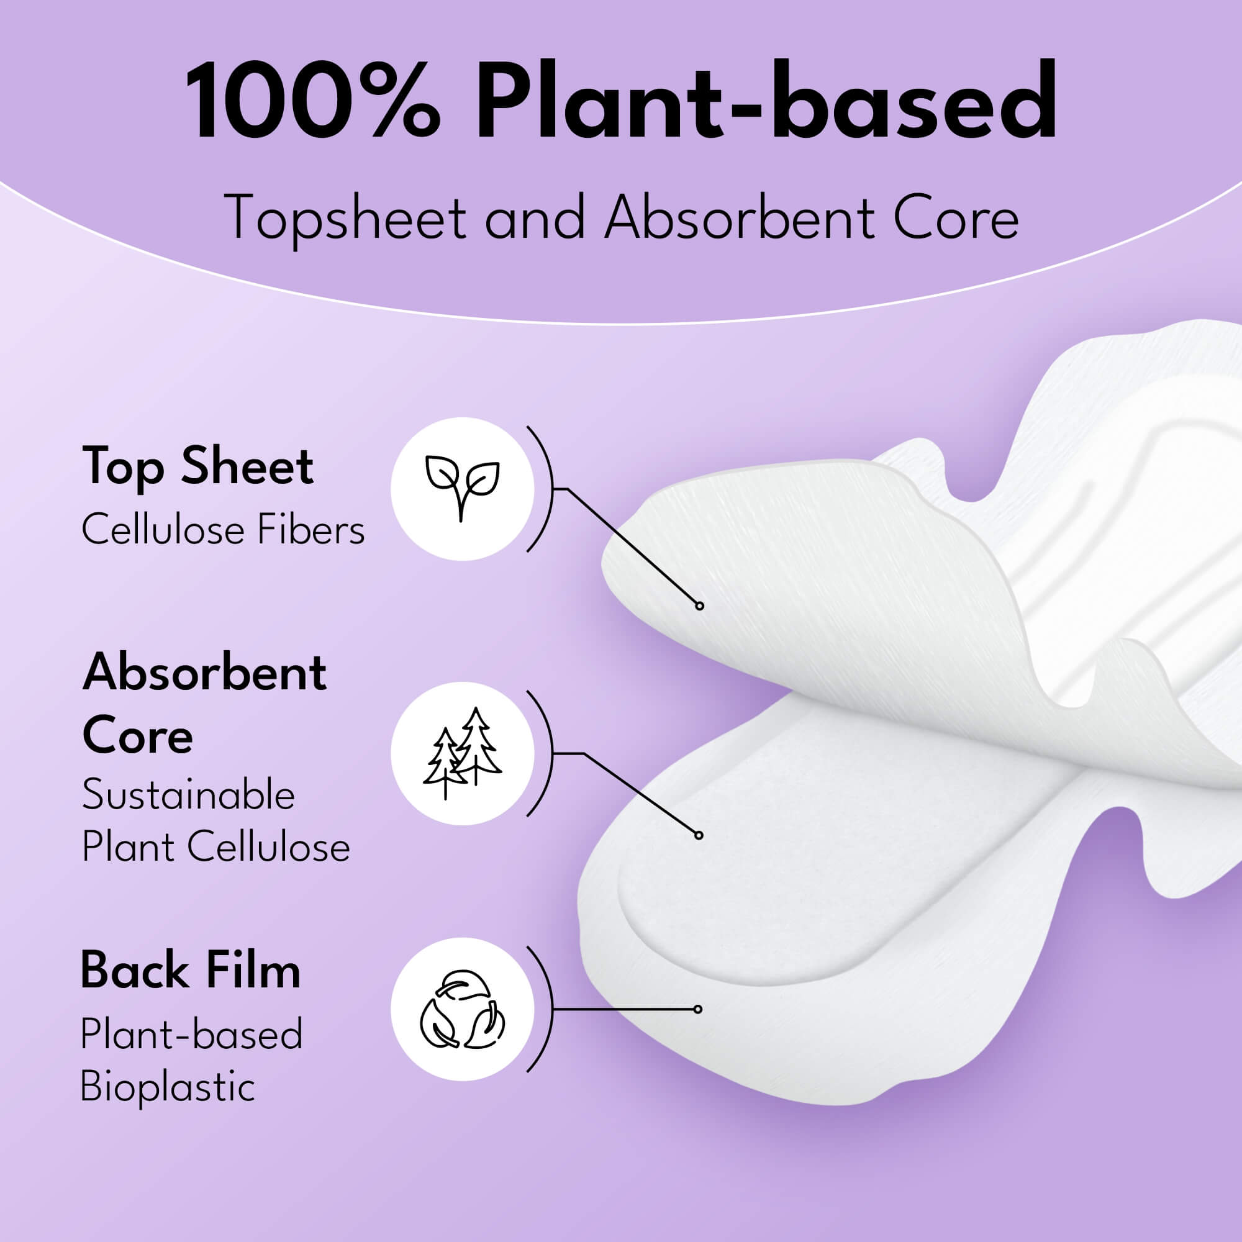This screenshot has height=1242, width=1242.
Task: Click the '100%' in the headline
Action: (x=313, y=102)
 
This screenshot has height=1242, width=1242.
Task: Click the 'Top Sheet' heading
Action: (x=198, y=466)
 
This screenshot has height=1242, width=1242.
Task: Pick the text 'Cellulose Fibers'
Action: (x=223, y=531)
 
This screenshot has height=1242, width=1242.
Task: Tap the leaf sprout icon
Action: (x=462, y=488)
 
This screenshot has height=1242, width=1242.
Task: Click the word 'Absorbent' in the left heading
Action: (x=204, y=673)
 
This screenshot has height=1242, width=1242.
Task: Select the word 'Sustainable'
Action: (x=188, y=795)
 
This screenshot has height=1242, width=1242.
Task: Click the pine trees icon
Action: (x=462, y=753)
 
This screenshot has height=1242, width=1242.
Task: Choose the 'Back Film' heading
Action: (x=190, y=971)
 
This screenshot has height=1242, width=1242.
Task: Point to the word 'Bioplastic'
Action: (x=168, y=1087)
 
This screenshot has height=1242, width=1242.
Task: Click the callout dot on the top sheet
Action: (x=699, y=605)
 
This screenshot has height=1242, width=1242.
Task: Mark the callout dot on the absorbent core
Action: (x=699, y=835)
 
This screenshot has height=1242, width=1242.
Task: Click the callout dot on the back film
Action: (x=698, y=1009)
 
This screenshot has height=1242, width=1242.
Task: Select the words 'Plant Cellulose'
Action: (x=216, y=846)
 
